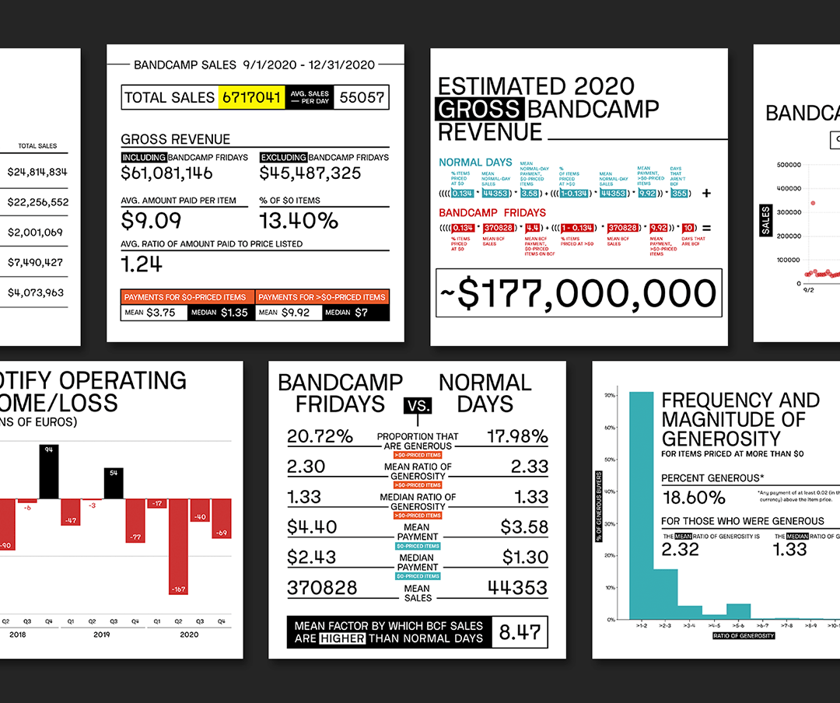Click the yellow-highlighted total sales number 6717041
(x=252, y=97)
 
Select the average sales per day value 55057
(x=361, y=97)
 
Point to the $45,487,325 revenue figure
(x=310, y=173)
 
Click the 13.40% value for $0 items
(x=299, y=220)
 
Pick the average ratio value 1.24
(x=142, y=264)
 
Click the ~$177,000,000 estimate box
(x=579, y=294)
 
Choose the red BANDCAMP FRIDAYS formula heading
(x=492, y=212)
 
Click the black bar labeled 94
(x=48, y=470)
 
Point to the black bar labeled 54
(x=113, y=482)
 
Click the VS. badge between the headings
(x=417, y=405)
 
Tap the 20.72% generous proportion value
(x=315, y=437)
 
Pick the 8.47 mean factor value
(x=520, y=631)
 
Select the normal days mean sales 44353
(x=517, y=588)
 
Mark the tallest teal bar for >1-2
(x=641, y=505)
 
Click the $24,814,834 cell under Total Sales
(x=37, y=172)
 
